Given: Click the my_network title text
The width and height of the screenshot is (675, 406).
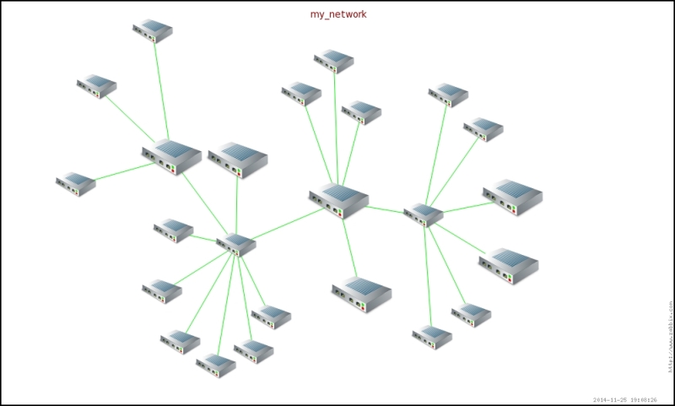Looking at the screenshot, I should click(x=338, y=14).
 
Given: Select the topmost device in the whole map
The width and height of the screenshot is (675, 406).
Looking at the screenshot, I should click(x=153, y=31).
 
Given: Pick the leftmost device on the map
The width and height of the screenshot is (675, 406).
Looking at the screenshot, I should click(x=76, y=184).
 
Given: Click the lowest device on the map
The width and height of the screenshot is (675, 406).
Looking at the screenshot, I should click(x=215, y=364).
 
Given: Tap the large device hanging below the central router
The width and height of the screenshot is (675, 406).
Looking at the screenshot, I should click(x=361, y=292).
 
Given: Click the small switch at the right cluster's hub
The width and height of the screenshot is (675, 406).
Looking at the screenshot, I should click(x=424, y=214).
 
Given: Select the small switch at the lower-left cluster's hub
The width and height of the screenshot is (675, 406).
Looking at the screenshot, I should click(x=236, y=244).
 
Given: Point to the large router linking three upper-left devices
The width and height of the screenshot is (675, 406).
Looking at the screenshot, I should click(x=171, y=157).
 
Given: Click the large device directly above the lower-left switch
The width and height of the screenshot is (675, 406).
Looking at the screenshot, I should click(x=238, y=159).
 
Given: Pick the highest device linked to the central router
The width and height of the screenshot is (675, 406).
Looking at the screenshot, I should click(x=335, y=60).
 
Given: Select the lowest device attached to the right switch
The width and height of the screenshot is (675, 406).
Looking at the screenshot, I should click(x=432, y=337).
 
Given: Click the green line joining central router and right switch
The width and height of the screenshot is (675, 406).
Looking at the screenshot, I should click(x=386, y=208).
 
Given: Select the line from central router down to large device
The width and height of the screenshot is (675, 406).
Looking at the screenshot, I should click(x=347, y=245).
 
